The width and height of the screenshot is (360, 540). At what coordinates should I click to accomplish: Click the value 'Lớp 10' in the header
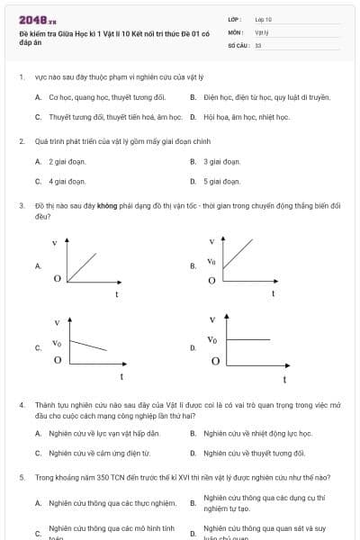[x=263, y=19]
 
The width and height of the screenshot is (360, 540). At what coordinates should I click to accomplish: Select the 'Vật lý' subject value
[x=262, y=31]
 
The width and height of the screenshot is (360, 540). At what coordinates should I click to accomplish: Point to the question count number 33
[x=258, y=44]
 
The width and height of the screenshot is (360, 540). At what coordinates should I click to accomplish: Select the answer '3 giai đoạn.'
[x=221, y=161]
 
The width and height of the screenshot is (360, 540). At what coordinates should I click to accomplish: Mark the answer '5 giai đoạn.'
[x=221, y=181]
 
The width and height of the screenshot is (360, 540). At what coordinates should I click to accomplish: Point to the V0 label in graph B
[x=211, y=261]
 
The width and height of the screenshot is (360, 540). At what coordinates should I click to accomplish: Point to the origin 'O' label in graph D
[x=215, y=362]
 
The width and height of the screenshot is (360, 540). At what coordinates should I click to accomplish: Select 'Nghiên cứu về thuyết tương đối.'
[x=255, y=453]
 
